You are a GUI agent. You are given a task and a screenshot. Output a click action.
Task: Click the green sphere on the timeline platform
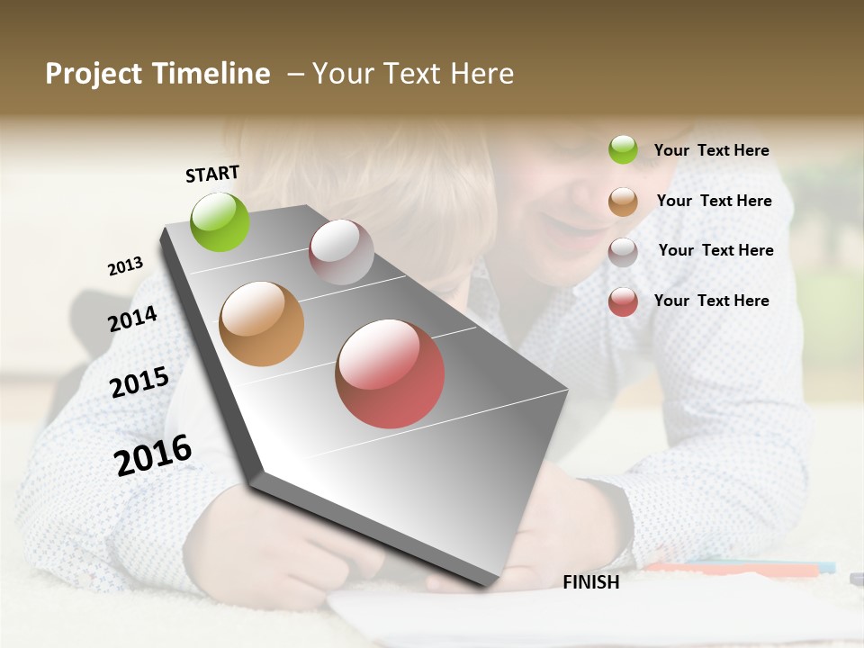pyautogui.click(x=220, y=221)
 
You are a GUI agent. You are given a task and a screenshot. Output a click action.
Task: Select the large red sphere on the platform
pyautogui.click(x=390, y=373)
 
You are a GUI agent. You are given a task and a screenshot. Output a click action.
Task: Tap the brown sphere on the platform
pyautogui.click(x=262, y=324)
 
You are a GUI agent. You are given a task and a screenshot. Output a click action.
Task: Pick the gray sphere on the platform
pyautogui.click(x=341, y=252)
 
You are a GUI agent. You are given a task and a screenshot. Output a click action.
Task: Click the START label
pyautogui.click(x=212, y=174)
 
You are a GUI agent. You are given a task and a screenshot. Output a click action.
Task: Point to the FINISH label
pyautogui.click(x=591, y=582)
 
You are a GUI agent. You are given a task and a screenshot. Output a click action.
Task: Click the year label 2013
pyautogui.click(x=126, y=266)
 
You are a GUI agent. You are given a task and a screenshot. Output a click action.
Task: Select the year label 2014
pyautogui.click(x=133, y=319)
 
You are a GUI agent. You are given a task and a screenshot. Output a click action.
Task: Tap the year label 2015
pyautogui.click(x=139, y=382)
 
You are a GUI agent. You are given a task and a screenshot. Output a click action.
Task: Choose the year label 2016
pyautogui.click(x=153, y=454)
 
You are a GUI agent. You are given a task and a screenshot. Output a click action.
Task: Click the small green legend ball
pyautogui.click(x=623, y=149)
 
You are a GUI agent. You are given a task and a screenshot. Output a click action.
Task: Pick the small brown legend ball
pyautogui.click(x=623, y=202)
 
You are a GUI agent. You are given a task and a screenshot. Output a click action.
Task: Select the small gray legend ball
pyautogui.click(x=623, y=252)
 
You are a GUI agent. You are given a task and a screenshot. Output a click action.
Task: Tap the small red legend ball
pyautogui.click(x=623, y=301)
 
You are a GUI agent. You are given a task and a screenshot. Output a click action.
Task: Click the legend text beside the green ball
pyautogui.click(x=711, y=150)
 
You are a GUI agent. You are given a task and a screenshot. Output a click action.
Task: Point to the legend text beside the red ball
pyautogui.click(x=711, y=301)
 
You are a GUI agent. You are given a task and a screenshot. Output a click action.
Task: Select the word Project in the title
pyautogui.click(x=93, y=74)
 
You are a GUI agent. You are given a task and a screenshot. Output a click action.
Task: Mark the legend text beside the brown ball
pyautogui.click(x=714, y=201)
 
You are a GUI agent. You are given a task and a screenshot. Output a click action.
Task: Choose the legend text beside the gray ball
pyautogui.click(x=715, y=250)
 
